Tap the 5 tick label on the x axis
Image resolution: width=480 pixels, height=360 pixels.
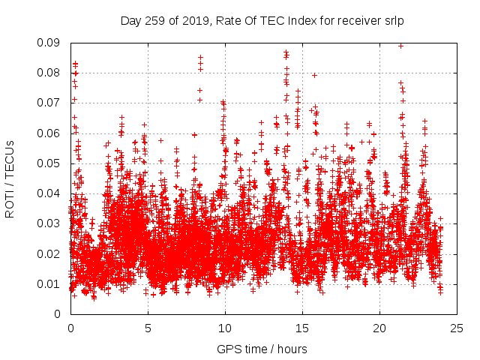coord(148,328)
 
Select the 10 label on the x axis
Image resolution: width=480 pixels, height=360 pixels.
coord(225,328)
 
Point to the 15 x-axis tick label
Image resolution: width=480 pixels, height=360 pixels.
coord(302,328)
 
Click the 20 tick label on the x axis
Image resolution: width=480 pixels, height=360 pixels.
coord(379,328)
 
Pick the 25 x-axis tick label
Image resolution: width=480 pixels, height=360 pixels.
coord(457,328)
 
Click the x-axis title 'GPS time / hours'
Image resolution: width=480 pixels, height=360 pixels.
coord(262,349)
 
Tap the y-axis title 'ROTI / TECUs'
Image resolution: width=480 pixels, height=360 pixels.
coord(10,178)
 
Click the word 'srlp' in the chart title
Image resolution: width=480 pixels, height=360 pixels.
coord(393,20)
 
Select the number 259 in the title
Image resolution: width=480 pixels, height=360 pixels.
coord(155,20)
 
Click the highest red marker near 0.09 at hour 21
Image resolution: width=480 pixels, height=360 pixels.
coord(400,46)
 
